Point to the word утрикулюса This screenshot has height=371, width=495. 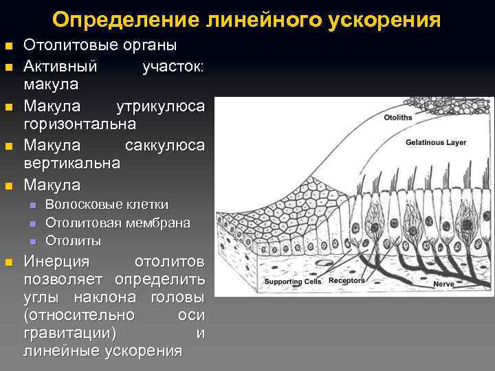160,106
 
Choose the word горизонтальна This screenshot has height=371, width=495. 80,124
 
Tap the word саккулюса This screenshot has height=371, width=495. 165,146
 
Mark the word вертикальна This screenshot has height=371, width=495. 72,164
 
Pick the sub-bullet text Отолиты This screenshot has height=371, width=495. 73,240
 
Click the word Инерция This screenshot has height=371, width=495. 57,262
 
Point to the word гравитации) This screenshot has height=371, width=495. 69,333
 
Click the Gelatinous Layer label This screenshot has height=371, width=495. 435,143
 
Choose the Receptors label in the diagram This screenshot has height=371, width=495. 346,281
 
